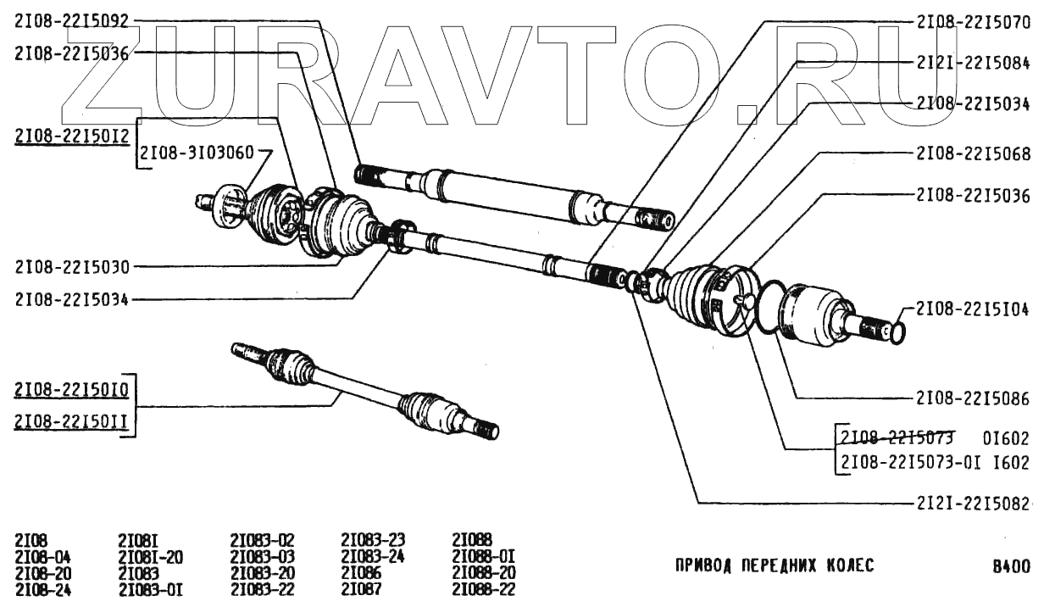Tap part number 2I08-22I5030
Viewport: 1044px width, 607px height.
[x=71, y=267]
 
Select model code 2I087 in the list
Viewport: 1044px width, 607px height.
[x=362, y=588]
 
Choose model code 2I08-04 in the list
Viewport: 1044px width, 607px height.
[x=43, y=557]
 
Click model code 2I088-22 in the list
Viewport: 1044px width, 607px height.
[x=483, y=588]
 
